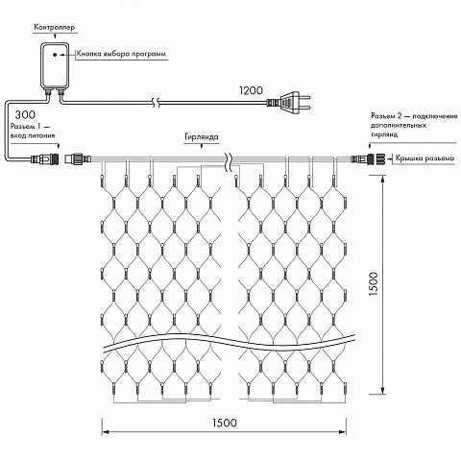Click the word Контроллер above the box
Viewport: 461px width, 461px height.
coord(55,27)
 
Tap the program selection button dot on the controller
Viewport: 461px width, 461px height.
coord(55,55)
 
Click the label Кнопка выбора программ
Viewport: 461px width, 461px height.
coord(121,54)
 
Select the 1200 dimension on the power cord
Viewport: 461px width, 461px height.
coord(251,90)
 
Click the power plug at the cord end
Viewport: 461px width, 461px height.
coord(288,103)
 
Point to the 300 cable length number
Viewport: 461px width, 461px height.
coord(25,114)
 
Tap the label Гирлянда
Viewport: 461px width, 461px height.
coord(202,137)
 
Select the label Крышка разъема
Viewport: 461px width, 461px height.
coord(425,158)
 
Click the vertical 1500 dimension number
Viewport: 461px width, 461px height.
coord(374,284)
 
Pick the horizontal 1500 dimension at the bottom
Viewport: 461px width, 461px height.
coord(225,423)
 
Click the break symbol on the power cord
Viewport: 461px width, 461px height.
coord(157,103)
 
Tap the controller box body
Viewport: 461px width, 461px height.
coord(55,66)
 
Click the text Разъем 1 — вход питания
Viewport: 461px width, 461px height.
coord(33,131)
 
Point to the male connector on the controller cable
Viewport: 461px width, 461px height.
coord(45,158)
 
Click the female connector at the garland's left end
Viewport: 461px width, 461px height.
coord(78,158)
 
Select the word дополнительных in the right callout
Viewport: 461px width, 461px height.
coord(399,125)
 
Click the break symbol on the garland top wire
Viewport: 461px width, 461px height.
coord(230,160)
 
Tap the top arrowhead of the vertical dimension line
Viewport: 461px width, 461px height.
coord(382,180)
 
